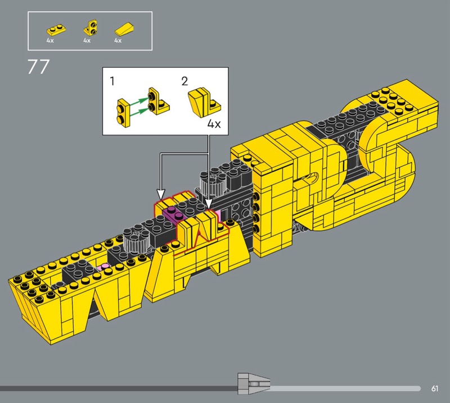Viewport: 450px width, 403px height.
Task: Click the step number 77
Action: coord(38,67)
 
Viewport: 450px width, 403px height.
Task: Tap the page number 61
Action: coord(434,388)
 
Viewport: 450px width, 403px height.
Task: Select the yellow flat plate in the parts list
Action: coord(57,29)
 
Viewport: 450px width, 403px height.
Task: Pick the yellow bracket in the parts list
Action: coord(91,28)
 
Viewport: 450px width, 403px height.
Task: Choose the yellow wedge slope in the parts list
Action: coord(125,28)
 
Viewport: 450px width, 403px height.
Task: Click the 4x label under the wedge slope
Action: coord(118,40)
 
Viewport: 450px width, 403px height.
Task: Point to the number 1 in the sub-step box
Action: coord(112,81)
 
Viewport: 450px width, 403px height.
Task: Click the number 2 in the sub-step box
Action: coord(184,81)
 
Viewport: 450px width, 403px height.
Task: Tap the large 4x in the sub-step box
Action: coord(214,124)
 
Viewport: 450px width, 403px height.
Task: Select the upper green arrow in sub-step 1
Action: coord(139,102)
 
